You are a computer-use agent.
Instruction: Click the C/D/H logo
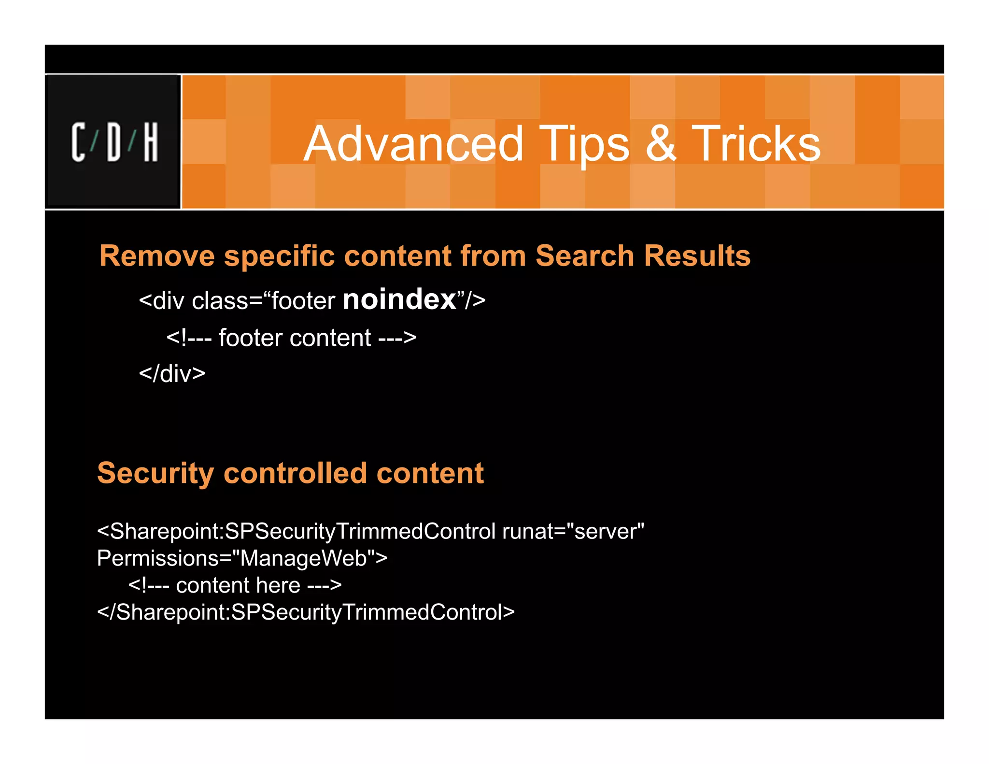114,142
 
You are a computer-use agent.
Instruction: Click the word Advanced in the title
413,143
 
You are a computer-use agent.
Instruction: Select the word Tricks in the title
756,143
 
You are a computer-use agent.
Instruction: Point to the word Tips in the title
584,144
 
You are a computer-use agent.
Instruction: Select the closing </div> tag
172,373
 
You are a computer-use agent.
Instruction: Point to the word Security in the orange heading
155,473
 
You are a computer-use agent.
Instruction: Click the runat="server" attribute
573,531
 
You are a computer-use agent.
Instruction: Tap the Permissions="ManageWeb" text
242,558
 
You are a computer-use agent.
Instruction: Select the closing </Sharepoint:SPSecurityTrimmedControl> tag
306,612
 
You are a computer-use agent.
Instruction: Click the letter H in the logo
151,142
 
